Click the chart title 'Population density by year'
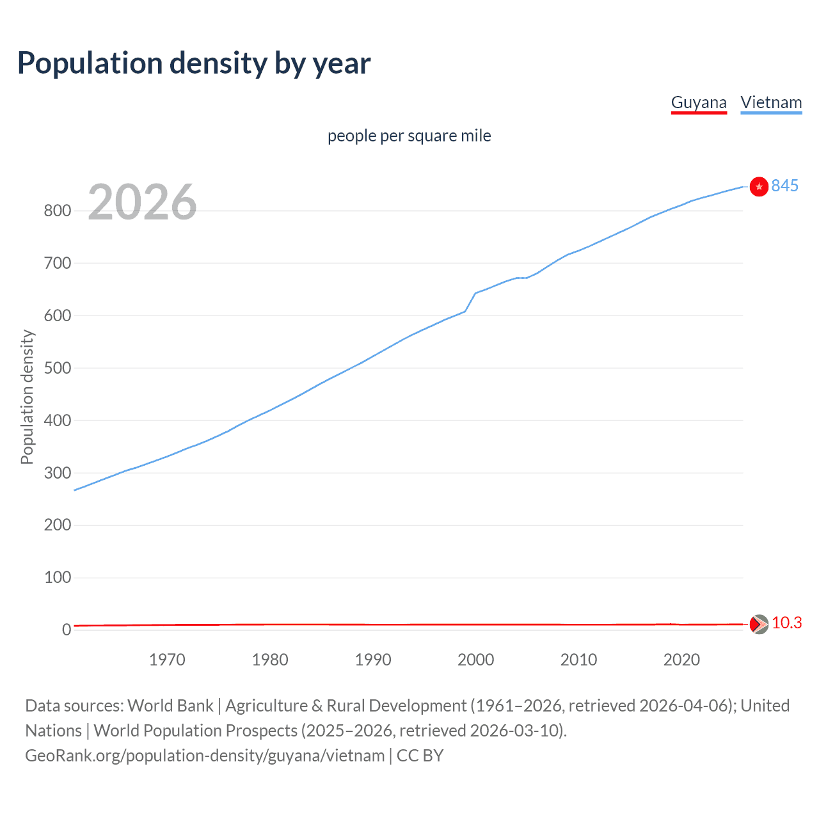194,63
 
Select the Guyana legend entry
699,102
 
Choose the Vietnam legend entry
771,102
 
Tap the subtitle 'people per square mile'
409,136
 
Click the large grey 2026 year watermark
142,202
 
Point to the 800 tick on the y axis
57,211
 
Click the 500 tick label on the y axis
57,368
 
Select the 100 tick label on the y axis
57,577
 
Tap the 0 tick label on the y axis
67,630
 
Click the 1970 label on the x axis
167,660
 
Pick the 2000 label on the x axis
475,660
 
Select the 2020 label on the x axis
681,660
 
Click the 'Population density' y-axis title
27,397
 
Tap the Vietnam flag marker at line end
759,186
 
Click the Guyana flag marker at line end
759,624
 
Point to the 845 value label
785,186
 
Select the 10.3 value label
786,623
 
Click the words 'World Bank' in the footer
170,706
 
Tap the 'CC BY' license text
420,756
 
